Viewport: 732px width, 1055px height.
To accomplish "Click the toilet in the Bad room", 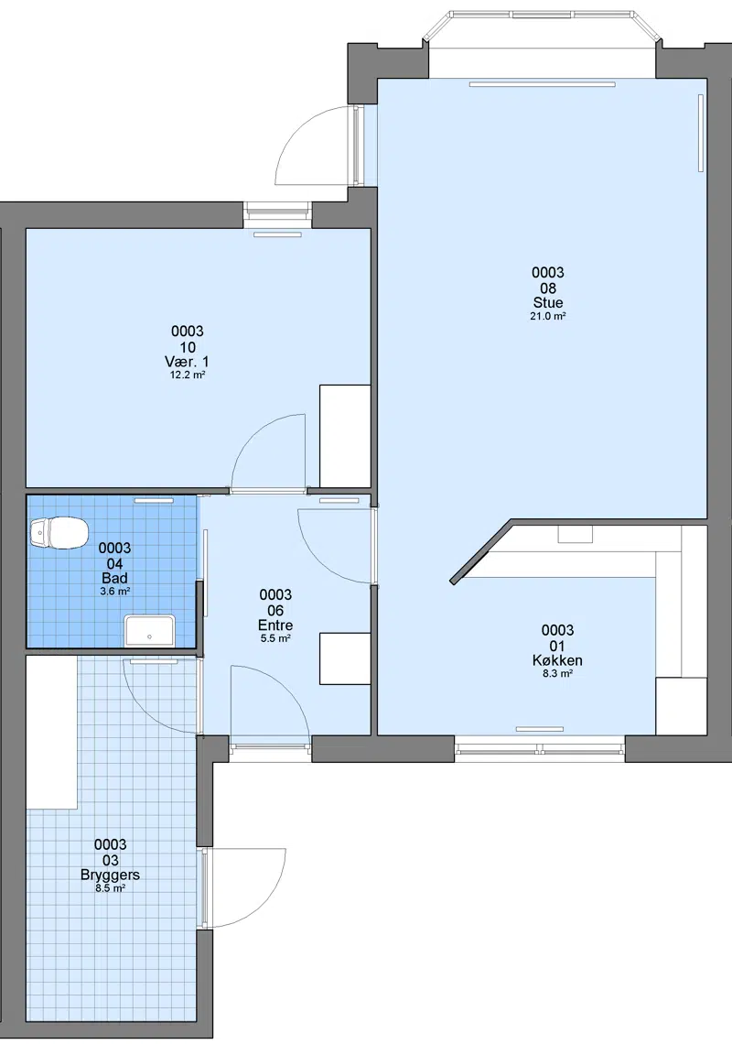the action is click(59, 533).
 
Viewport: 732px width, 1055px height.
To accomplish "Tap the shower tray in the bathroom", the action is click(150, 630).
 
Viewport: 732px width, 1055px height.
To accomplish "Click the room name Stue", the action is click(548, 303).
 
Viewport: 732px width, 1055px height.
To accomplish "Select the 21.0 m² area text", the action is click(548, 316).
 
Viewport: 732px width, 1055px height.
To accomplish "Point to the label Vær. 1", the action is click(187, 362).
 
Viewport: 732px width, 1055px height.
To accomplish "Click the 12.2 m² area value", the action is click(187, 375).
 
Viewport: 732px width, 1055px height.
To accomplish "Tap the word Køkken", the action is click(557, 660).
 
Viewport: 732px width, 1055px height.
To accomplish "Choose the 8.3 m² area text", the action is click(557, 673).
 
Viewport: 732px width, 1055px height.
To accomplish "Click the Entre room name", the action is click(275, 625).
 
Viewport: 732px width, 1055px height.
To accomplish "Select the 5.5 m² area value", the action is click(275, 638).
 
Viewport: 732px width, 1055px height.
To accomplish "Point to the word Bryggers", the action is click(110, 876).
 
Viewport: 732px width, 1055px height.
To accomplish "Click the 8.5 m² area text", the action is click(110, 888).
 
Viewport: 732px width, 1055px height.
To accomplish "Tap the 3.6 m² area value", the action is click(114, 592).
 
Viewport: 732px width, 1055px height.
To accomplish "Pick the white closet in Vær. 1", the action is click(345, 436).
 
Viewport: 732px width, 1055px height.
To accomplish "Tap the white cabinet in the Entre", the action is click(345, 658).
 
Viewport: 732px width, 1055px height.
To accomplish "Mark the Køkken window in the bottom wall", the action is click(541, 748).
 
